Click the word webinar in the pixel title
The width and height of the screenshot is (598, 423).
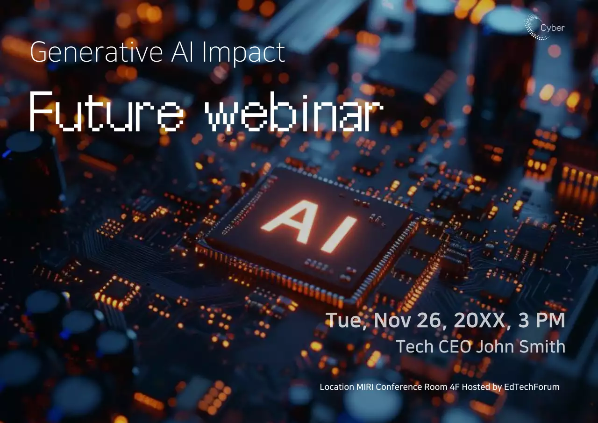(x=294, y=111)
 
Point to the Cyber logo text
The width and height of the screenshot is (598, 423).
(x=552, y=28)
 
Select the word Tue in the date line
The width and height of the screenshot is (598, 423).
(x=342, y=320)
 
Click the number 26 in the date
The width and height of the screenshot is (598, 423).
(x=425, y=320)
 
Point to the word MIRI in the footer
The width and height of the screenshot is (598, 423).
(x=363, y=387)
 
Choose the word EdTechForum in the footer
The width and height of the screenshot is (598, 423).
(x=532, y=387)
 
